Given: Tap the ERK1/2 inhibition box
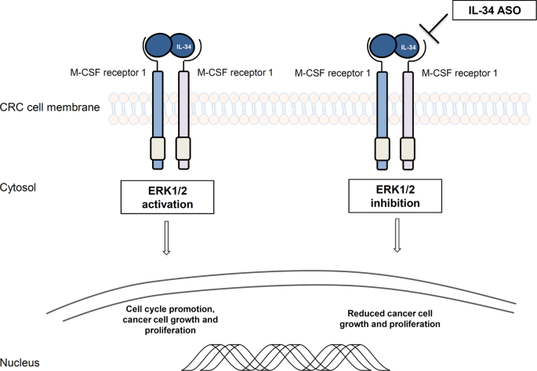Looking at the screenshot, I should point(398,195).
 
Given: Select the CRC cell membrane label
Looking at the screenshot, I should point(49,107).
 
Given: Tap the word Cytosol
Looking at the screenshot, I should point(19,188).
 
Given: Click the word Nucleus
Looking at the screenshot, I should point(20,362).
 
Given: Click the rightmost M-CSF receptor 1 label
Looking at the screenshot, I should point(459,74).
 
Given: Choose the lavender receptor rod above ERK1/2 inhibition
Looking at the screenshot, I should point(406,102).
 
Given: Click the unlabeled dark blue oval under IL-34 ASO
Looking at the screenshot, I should point(384,45).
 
